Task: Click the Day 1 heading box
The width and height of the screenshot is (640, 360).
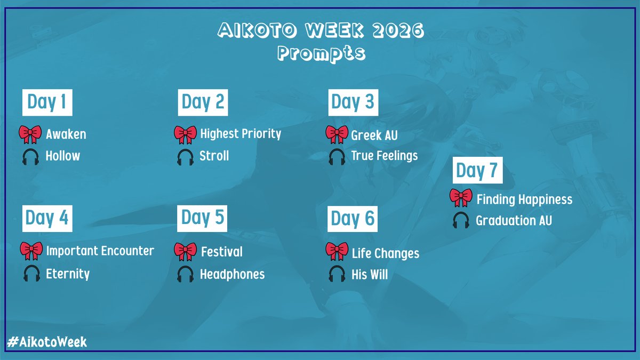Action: point(47,102)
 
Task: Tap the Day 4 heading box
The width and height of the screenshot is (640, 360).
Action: point(47,218)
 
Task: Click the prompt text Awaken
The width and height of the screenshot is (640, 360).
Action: point(66,134)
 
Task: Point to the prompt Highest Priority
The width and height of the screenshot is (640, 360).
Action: point(240,134)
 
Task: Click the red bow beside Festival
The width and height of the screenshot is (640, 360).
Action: point(185,251)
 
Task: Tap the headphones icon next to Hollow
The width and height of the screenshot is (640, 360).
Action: point(30,156)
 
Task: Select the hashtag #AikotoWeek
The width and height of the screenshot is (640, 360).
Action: point(47,342)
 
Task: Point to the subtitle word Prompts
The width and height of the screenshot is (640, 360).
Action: point(321,53)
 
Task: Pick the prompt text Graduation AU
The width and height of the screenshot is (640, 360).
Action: point(514,220)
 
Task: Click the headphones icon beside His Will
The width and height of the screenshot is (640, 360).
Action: point(337,275)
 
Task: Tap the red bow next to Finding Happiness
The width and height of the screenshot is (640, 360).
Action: point(461,198)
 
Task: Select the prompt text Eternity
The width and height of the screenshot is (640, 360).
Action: point(68,274)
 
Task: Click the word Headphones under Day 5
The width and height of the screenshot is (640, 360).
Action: point(232,274)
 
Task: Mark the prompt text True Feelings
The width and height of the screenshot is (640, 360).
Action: point(384,156)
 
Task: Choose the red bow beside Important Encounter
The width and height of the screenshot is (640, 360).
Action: point(31,251)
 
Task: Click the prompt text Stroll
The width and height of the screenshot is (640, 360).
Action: point(214,156)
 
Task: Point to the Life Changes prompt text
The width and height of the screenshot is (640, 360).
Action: point(385,253)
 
